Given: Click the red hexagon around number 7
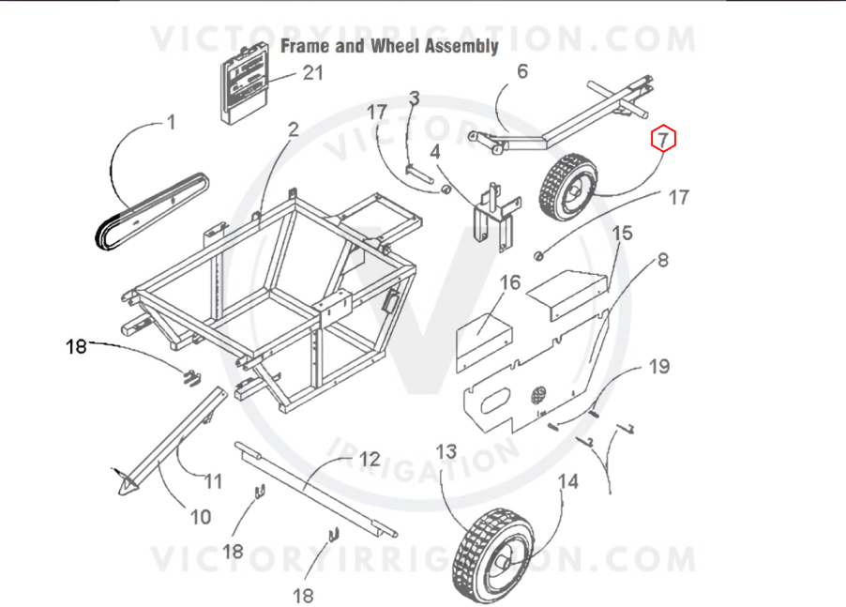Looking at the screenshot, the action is coord(663,139).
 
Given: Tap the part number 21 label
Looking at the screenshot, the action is coord(313,72).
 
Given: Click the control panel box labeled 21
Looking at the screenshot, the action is coord(245,83).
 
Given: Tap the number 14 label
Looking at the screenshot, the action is coord(567,480).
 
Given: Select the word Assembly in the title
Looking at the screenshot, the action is coord(461,46).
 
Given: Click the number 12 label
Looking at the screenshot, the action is coord(370,459).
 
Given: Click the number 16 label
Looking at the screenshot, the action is coord(510,282).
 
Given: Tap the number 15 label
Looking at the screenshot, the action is coord(622,233).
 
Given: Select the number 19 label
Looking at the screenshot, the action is coord(658,367).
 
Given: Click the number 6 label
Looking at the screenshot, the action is coord(522,70).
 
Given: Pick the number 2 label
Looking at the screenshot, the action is coord(293,129).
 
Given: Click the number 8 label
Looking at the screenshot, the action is coord(662,260).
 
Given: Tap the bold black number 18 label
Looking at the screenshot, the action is coord(76,346).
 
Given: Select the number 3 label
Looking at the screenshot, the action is coord(414,99).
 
